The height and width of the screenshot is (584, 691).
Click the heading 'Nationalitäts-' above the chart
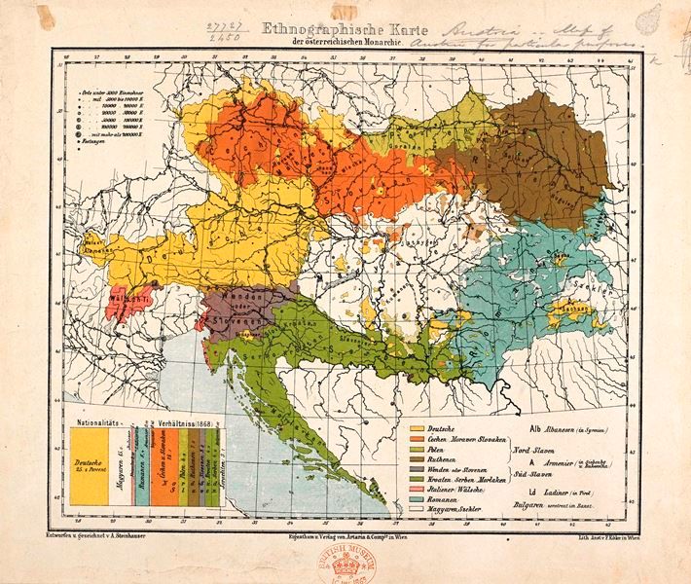[x=100, y=424]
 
